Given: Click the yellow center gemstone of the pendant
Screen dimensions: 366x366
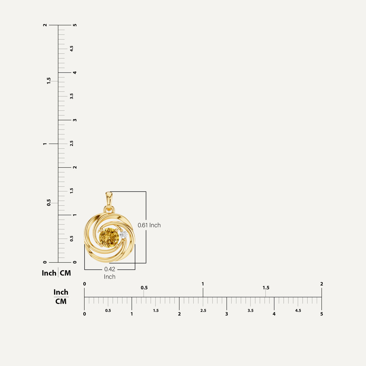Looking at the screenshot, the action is coord(109,238).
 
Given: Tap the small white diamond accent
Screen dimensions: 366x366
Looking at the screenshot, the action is coord(124,235).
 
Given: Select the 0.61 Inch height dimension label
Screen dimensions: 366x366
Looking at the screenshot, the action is coord(149,225).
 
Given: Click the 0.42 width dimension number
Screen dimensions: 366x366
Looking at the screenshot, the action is coord(109,269).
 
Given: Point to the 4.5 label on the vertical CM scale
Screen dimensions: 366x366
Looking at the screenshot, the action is coord(72,48).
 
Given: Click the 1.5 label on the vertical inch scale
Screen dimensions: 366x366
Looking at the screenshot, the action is coord(49,81).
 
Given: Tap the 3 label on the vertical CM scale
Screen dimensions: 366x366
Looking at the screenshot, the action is coord(75,120).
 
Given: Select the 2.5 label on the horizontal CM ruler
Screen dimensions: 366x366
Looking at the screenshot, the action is coord(203,310).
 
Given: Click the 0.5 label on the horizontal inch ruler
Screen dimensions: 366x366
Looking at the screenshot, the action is coord(144,288).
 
